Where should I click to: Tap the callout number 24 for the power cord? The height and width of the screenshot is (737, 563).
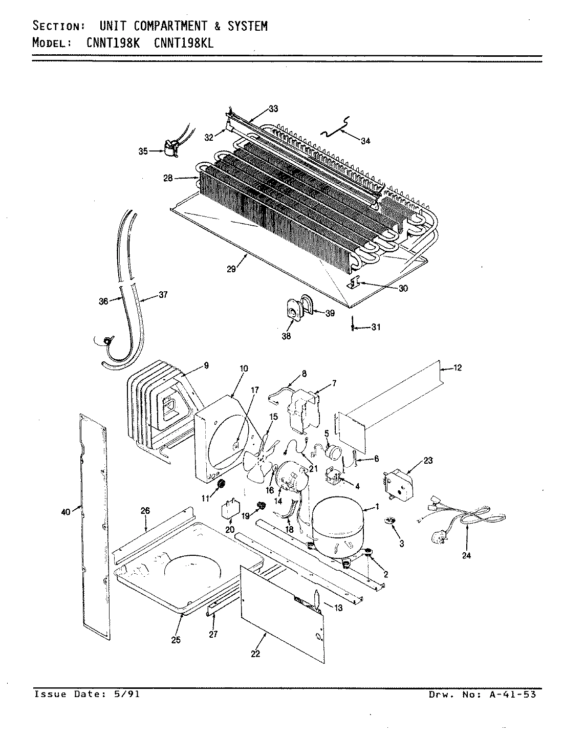click(x=466, y=556)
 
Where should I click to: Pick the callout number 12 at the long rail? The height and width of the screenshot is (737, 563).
click(x=457, y=367)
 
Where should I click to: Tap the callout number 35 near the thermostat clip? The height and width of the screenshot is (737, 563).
click(x=143, y=151)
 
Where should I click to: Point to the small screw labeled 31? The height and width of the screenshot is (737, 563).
click(x=353, y=326)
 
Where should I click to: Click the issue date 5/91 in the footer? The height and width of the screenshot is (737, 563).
click(x=128, y=695)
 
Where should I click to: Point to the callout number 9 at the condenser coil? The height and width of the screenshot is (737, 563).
click(x=206, y=365)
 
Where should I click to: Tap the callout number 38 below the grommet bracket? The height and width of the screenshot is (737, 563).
click(x=286, y=336)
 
